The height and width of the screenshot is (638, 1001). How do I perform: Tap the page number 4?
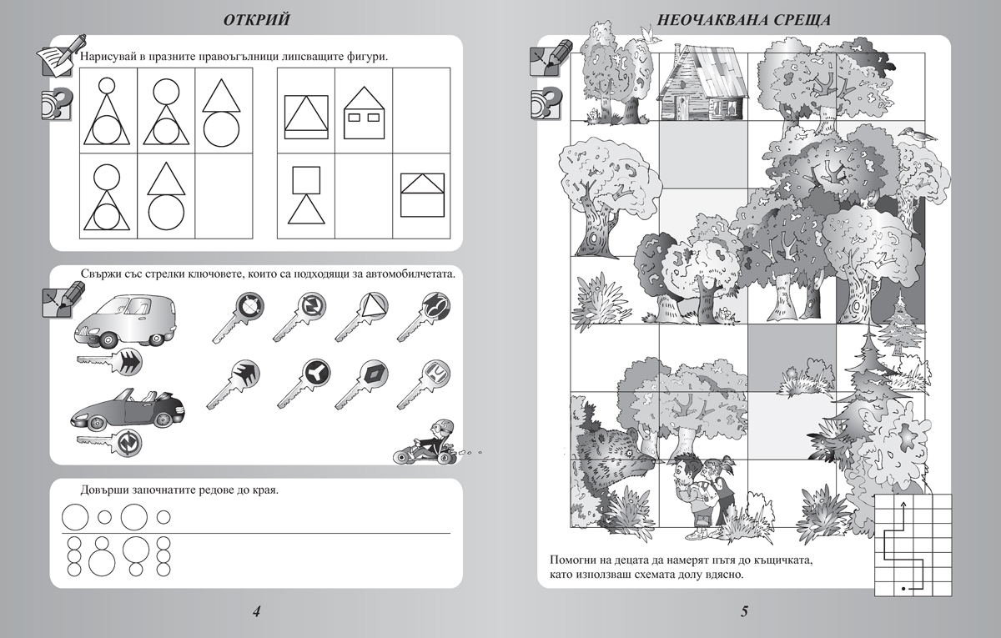click(x=257, y=612)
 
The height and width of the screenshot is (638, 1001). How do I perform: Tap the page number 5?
click(x=744, y=612)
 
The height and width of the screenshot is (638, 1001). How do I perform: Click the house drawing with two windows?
click(x=363, y=114)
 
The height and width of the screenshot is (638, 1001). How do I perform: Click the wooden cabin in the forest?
click(x=701, y=83)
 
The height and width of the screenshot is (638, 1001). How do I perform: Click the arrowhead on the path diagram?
click(x=903, y=505)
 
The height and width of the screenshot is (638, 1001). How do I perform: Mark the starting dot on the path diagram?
click(x=903, y=590)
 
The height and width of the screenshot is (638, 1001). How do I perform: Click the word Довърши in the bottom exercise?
click(x=108, y=490)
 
